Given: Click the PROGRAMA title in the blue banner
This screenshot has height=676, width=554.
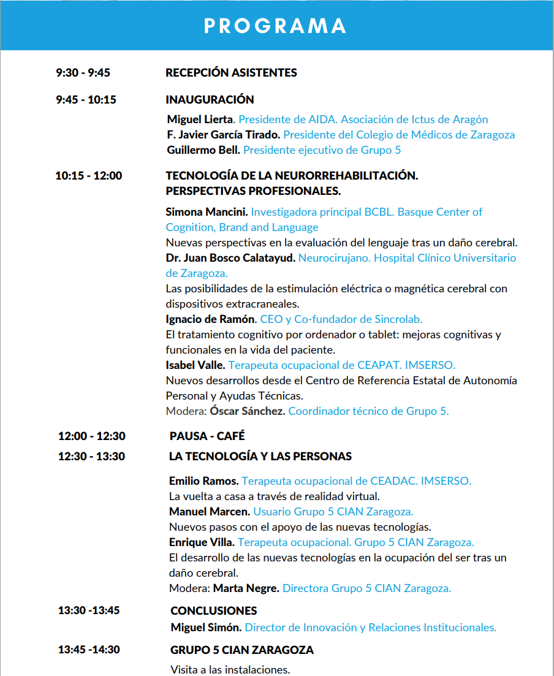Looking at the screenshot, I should pos(275,26).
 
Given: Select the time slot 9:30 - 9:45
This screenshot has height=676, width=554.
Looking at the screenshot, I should pos(83,73).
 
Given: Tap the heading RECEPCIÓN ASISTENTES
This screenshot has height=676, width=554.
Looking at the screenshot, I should pos(231,73).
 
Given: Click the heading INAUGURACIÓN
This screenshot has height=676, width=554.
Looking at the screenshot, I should pos(210,100).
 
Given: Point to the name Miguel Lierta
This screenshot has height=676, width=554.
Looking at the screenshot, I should pos(200,120).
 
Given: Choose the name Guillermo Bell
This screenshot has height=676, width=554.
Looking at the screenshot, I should pos(203,150).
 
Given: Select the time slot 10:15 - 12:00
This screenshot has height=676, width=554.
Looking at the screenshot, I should pos(88,176).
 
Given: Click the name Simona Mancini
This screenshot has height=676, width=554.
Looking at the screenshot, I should pos(207,212).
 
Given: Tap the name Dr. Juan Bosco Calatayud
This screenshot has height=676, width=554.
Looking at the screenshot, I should pos(230,258).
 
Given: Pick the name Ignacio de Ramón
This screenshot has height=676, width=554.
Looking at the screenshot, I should pos(210,319).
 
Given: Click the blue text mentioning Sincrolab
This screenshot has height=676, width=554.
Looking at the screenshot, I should pos(341,319).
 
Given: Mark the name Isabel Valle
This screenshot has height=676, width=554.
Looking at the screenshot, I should pos(194,365).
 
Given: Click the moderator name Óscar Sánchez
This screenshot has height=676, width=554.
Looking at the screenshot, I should pos(247,411).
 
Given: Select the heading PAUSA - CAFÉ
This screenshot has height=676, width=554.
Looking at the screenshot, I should pos(207,436).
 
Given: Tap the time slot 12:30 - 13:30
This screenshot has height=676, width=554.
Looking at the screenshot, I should pos(91,457).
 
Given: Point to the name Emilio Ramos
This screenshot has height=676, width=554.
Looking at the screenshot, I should pos(203,481).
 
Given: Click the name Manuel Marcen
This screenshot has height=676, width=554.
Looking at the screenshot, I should pos(210,512).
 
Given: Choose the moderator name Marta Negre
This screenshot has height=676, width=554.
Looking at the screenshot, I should pos(246,588).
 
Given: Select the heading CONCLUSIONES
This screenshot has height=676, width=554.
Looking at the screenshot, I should pos(213,611).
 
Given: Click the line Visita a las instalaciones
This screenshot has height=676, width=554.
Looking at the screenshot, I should pos(230,669).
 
